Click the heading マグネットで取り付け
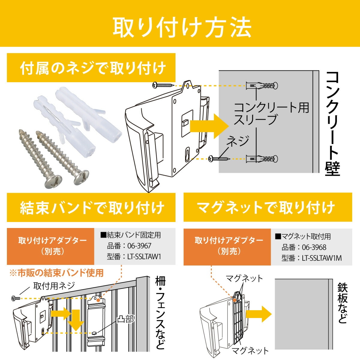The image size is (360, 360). click(x=265, y=208)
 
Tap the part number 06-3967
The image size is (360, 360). click(x=139, y=246)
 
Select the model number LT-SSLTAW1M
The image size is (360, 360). click(x=322, y=258)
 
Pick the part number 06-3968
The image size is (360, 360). click(x=314, y=247)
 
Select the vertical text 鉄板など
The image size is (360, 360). click(x=343, y=303)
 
